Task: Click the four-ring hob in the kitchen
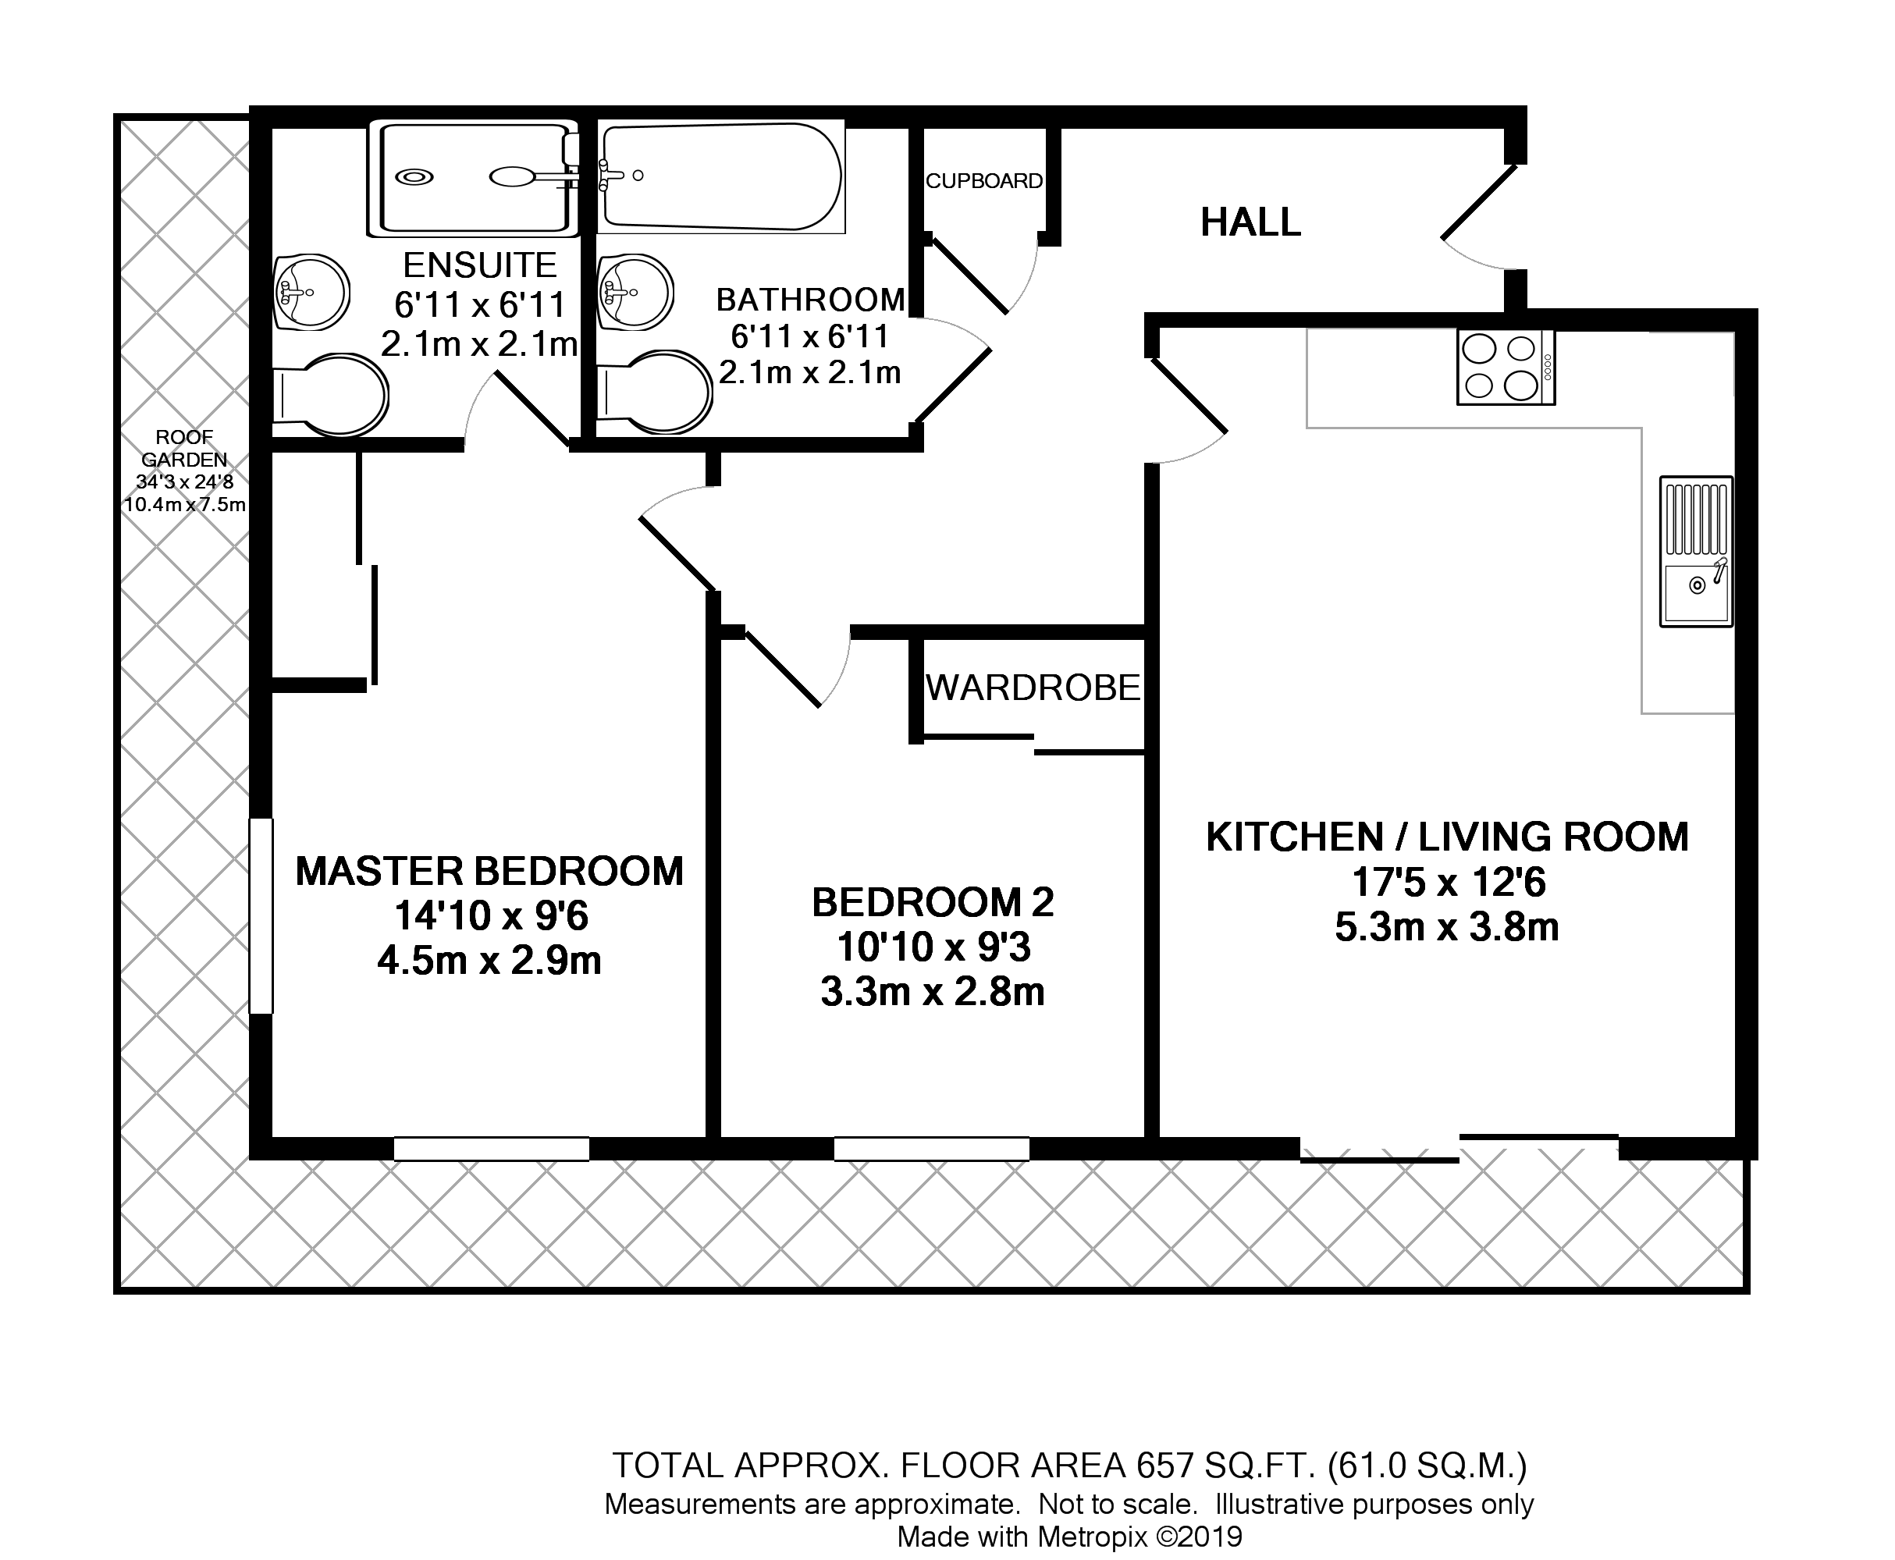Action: (1505, 368)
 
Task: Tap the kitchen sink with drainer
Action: (1695, 552)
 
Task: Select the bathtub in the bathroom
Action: (720, 176)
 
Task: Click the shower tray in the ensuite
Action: (471, 178)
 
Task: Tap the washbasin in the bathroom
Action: (635, 292)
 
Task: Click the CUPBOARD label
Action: (984, 182)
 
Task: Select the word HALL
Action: (1250, 222)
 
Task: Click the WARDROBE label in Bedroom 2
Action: (1033, 688)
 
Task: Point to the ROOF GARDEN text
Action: (184, 449)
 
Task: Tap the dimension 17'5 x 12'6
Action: (1449, 883)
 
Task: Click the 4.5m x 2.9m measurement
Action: (489, 961)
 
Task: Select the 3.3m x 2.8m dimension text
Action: (932, 992)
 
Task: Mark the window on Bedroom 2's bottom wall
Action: (931, 1149)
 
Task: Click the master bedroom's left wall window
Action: (261, 915)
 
